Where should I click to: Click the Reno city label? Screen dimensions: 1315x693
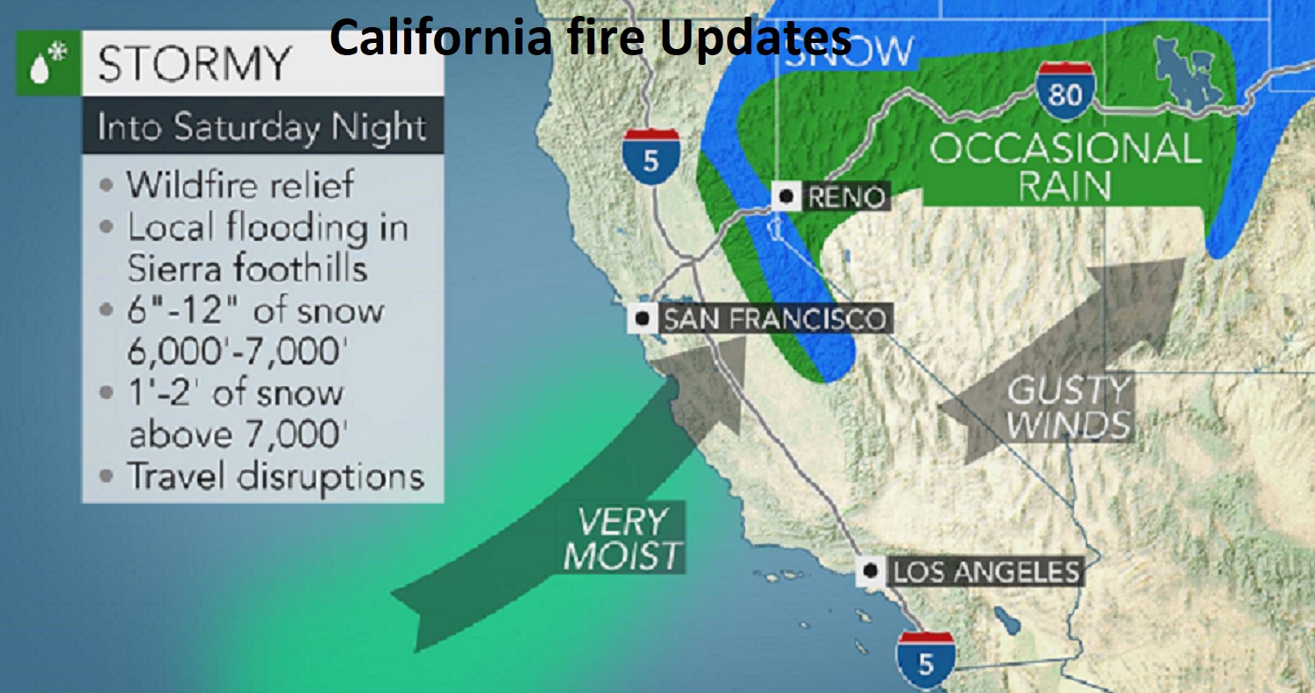(844, 197)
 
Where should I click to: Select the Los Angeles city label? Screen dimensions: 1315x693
(984, 573)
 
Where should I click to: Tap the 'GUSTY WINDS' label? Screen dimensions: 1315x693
(1068, 408)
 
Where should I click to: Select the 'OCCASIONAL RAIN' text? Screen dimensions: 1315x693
(1064, 166)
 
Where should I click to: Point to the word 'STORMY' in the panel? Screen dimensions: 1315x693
(195, 64)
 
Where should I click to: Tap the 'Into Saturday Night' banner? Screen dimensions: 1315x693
(261, 128)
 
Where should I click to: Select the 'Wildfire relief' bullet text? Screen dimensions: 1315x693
(240, 185)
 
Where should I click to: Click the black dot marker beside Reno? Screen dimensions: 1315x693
(786, 197)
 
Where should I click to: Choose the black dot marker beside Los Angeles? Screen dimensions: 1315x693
(870, 572)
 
